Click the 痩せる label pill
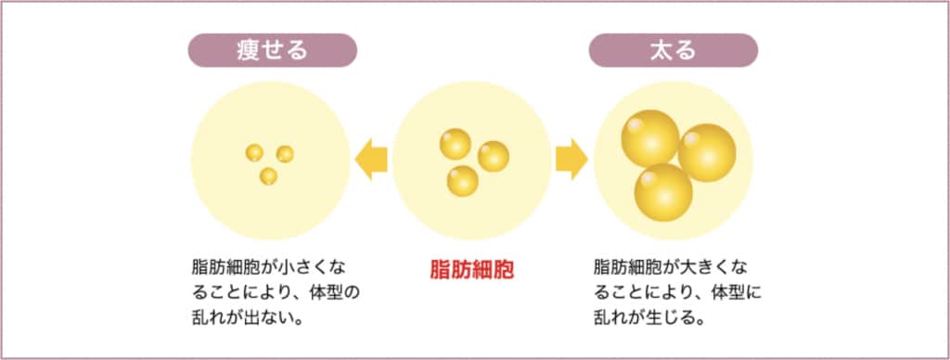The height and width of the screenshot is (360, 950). point(273,50)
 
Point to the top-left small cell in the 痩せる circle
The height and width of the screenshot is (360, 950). point(254,152)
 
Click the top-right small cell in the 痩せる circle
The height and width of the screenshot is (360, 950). point(284,153)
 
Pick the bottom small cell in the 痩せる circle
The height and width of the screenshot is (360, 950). point(268,175)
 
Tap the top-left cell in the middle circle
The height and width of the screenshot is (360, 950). point(455,144)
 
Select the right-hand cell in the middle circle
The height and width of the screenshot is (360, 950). point(493,157)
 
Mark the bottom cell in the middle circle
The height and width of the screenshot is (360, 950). point(462,180)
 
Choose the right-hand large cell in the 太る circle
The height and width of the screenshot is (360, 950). point(707,153)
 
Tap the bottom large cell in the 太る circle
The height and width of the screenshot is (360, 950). point(663,190)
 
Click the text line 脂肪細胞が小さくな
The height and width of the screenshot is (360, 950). point(266,267)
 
